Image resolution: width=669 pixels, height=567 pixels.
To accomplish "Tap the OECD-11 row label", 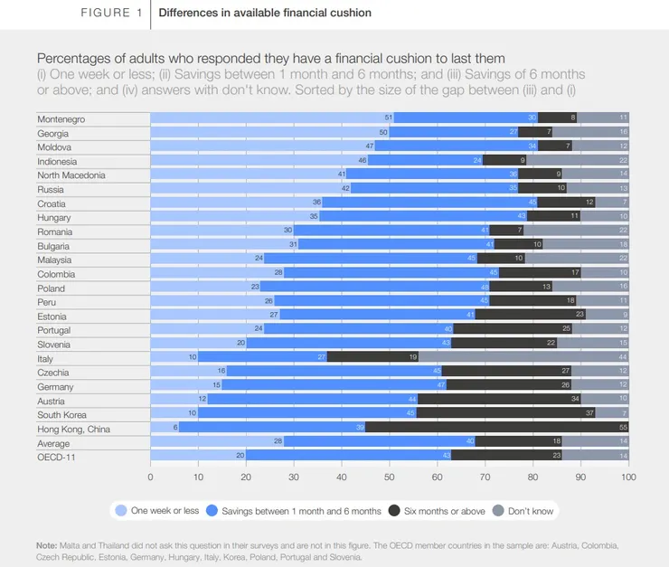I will tap(55, 457).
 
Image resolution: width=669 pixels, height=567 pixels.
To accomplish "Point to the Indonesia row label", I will tap(57, 161).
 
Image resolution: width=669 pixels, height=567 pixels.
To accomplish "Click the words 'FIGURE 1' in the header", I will tap(111, 14).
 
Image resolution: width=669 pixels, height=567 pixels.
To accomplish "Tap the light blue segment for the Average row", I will tap(217, 442).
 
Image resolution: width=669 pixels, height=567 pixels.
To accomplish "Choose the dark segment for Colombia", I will tap(541, 273).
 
